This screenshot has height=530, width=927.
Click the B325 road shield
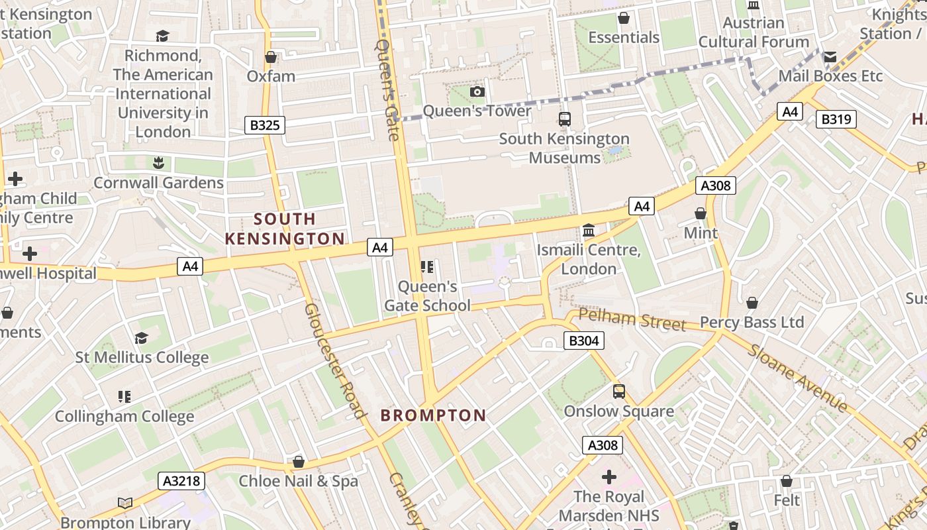(x=264, y=125)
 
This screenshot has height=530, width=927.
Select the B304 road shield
(x=583, y=341)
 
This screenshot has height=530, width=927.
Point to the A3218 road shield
(x=181, y=480)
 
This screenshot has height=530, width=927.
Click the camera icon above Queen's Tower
(x=477, y=91)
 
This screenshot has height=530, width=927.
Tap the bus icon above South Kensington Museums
(x=564, y=119)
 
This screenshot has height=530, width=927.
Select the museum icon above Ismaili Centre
(x=588, y=231)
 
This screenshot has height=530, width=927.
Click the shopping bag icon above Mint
(x=700, y=213)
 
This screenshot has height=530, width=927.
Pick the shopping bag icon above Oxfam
(x=270, y=57)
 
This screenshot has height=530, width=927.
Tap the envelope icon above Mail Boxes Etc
(x=830, y=57)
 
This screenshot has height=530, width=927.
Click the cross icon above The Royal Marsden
(x=609, y=476)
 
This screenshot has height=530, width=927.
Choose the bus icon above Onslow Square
(x=618, y=392)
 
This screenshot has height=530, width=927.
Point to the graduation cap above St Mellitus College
(x=141, y=339)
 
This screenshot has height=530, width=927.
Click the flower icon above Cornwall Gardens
(x=158, y=162)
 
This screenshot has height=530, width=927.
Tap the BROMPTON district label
(x=433, y=415)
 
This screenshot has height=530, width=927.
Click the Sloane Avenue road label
(x=797, y=378)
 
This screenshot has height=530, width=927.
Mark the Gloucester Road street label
(x=335, y=361)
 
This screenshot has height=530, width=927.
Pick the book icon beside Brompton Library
(x=125, y=503)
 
